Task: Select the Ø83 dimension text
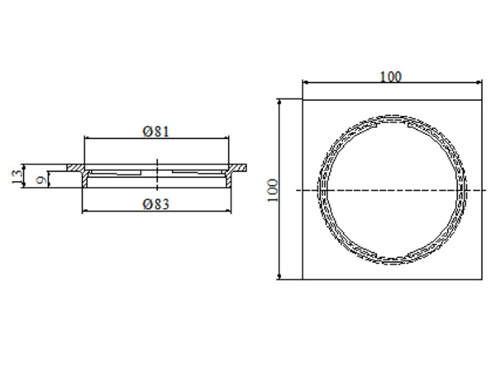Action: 155,205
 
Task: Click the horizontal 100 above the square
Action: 391,77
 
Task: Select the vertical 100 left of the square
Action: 273,191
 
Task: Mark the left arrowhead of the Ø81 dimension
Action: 88,140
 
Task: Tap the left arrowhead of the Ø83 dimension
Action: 85,212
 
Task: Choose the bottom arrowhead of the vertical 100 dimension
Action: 282,277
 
